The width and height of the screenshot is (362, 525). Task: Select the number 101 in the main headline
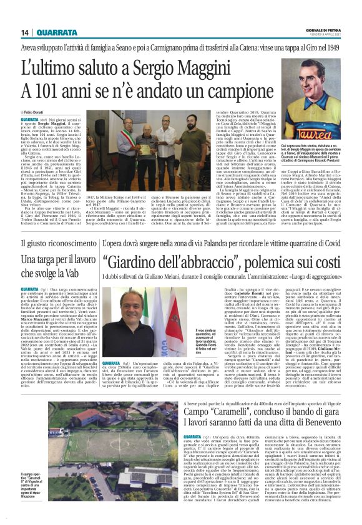(x=46, y=87)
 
